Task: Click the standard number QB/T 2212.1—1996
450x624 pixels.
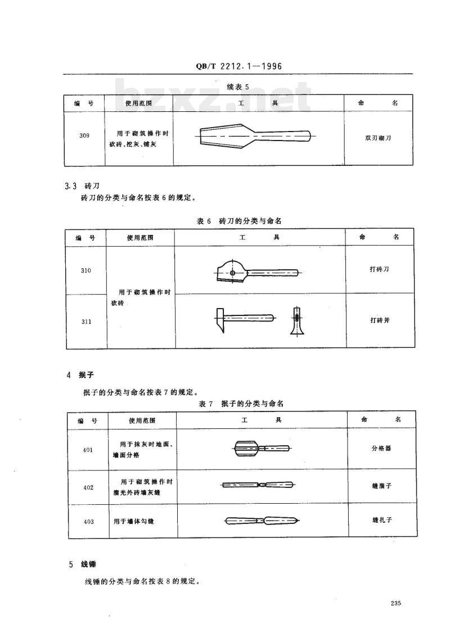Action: click(238, 66)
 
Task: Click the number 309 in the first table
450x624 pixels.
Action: click(84, 135)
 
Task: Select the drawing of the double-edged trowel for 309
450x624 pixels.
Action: click(255, 135)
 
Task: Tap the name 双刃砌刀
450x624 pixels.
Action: click(378, 138)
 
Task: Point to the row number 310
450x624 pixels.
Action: click(85, 270)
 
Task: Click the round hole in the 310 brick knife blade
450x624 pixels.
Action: click(232, 273)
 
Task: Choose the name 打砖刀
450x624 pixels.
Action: click(379, 269)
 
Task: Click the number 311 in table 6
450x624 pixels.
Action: click(87, 322)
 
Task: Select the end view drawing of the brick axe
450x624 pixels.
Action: click(296, 321)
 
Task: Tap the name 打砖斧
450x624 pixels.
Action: click(380, 320)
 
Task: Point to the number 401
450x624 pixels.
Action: click(88, 450)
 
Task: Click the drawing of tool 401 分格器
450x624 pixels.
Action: click(262, 449)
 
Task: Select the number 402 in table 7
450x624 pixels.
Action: click(88, 487)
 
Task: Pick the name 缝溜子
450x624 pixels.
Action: click(382, 486)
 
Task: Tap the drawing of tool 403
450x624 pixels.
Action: click(262, 520)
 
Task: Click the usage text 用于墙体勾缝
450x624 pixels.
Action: click(133, 521)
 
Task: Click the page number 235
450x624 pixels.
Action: click(395, 603)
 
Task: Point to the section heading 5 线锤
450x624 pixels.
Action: click(83, 564)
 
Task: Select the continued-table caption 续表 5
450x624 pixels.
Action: click(238, 87)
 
